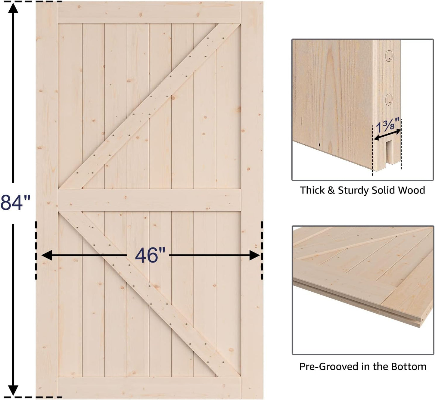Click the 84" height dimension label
tap(15, 203)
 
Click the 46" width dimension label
tap(150, 255)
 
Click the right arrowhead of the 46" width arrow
tap(255, 255)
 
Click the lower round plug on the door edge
tap(389, 99)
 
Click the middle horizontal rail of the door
tap(150, 200)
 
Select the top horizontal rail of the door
tap(150, 12)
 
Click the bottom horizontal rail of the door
tap(150, 388)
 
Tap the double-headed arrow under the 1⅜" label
tap(387, 135)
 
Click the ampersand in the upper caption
tap(331, 190)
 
